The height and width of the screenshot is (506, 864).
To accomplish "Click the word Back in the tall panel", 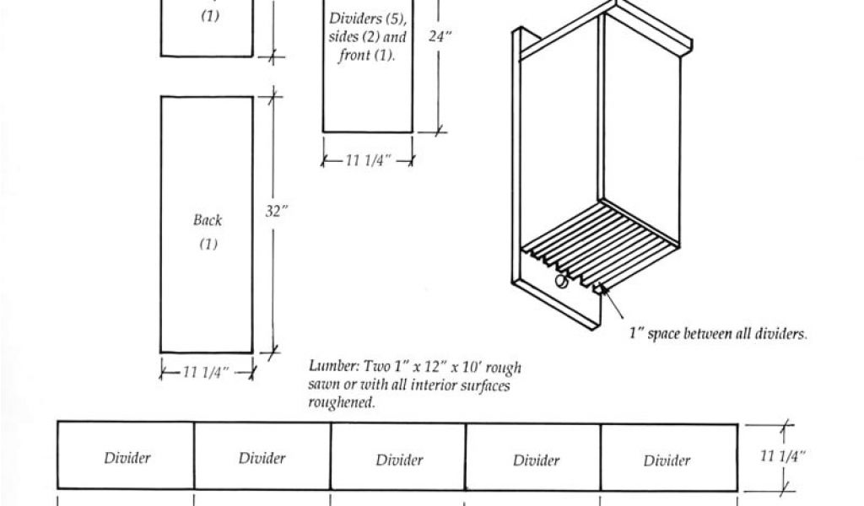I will point(207,220).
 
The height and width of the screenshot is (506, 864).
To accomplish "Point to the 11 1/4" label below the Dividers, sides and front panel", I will point(368,161).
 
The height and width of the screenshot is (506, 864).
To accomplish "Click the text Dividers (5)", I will point(366,19).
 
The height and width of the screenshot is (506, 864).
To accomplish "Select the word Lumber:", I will point(335,367).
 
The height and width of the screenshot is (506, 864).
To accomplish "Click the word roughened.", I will point(342,403).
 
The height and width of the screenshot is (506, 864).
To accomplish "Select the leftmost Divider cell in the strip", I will point(127,458).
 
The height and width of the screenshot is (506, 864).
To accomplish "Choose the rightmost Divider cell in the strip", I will point(667,460).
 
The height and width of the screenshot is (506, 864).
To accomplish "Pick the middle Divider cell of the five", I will point(399,460).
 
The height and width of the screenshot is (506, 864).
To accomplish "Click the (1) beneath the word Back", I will point(208,245).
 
